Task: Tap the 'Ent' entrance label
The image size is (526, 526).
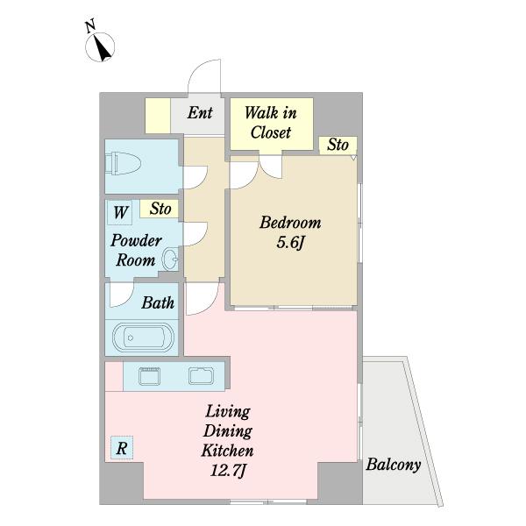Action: click(x=200, y=113)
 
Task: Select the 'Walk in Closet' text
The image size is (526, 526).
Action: click(x=271, y=123)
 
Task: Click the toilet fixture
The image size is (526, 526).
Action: click(x=123, y=163)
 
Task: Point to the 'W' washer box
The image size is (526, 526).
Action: click(x=120, y=212)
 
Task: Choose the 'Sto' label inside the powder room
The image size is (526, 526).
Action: click(x=160, y=209)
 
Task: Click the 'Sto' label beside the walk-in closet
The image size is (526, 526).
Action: click(x=338, y=146)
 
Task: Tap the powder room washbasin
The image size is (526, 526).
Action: click(x=170, y=259)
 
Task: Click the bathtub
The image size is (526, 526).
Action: click(x=143, y=338)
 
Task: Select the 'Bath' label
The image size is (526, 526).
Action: click(x=158, y=302)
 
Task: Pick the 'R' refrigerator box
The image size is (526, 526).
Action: click(x=122, y=447)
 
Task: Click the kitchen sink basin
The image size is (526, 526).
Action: click(x=201, y=376)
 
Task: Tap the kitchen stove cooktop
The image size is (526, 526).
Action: click(x=150, y=376)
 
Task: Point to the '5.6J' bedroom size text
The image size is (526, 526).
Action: click(x=290, y=242)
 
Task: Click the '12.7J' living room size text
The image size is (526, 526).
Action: click(x=228, y=470)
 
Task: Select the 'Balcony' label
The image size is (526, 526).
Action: click(x=393, y=466)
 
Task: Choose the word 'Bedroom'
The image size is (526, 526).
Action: click(x=290, y=223)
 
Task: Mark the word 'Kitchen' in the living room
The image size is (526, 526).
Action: click(x=227, y=451)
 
